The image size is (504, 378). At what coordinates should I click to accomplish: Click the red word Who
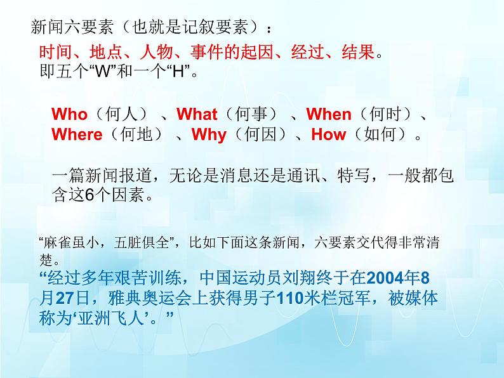(x=69, y=115)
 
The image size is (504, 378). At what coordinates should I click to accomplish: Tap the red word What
(x=197, y=115)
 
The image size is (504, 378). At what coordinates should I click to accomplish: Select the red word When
(x=329, y=115)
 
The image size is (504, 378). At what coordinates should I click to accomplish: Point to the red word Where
(x=77, y=134)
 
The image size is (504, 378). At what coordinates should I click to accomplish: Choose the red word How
(x=329, y=134)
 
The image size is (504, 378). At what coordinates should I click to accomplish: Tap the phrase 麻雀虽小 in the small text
(x=65, y=243)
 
